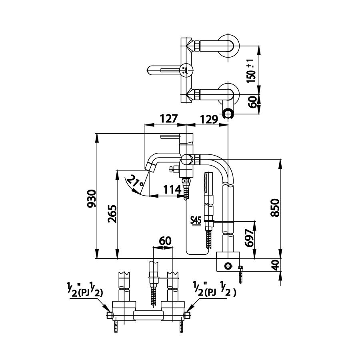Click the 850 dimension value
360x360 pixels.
tap(274, 208)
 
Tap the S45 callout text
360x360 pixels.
tap(196, 220)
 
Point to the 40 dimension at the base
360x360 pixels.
tap(274, 265)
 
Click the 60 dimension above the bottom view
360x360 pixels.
tap(165, 241)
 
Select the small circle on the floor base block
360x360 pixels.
tap(228, 265)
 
